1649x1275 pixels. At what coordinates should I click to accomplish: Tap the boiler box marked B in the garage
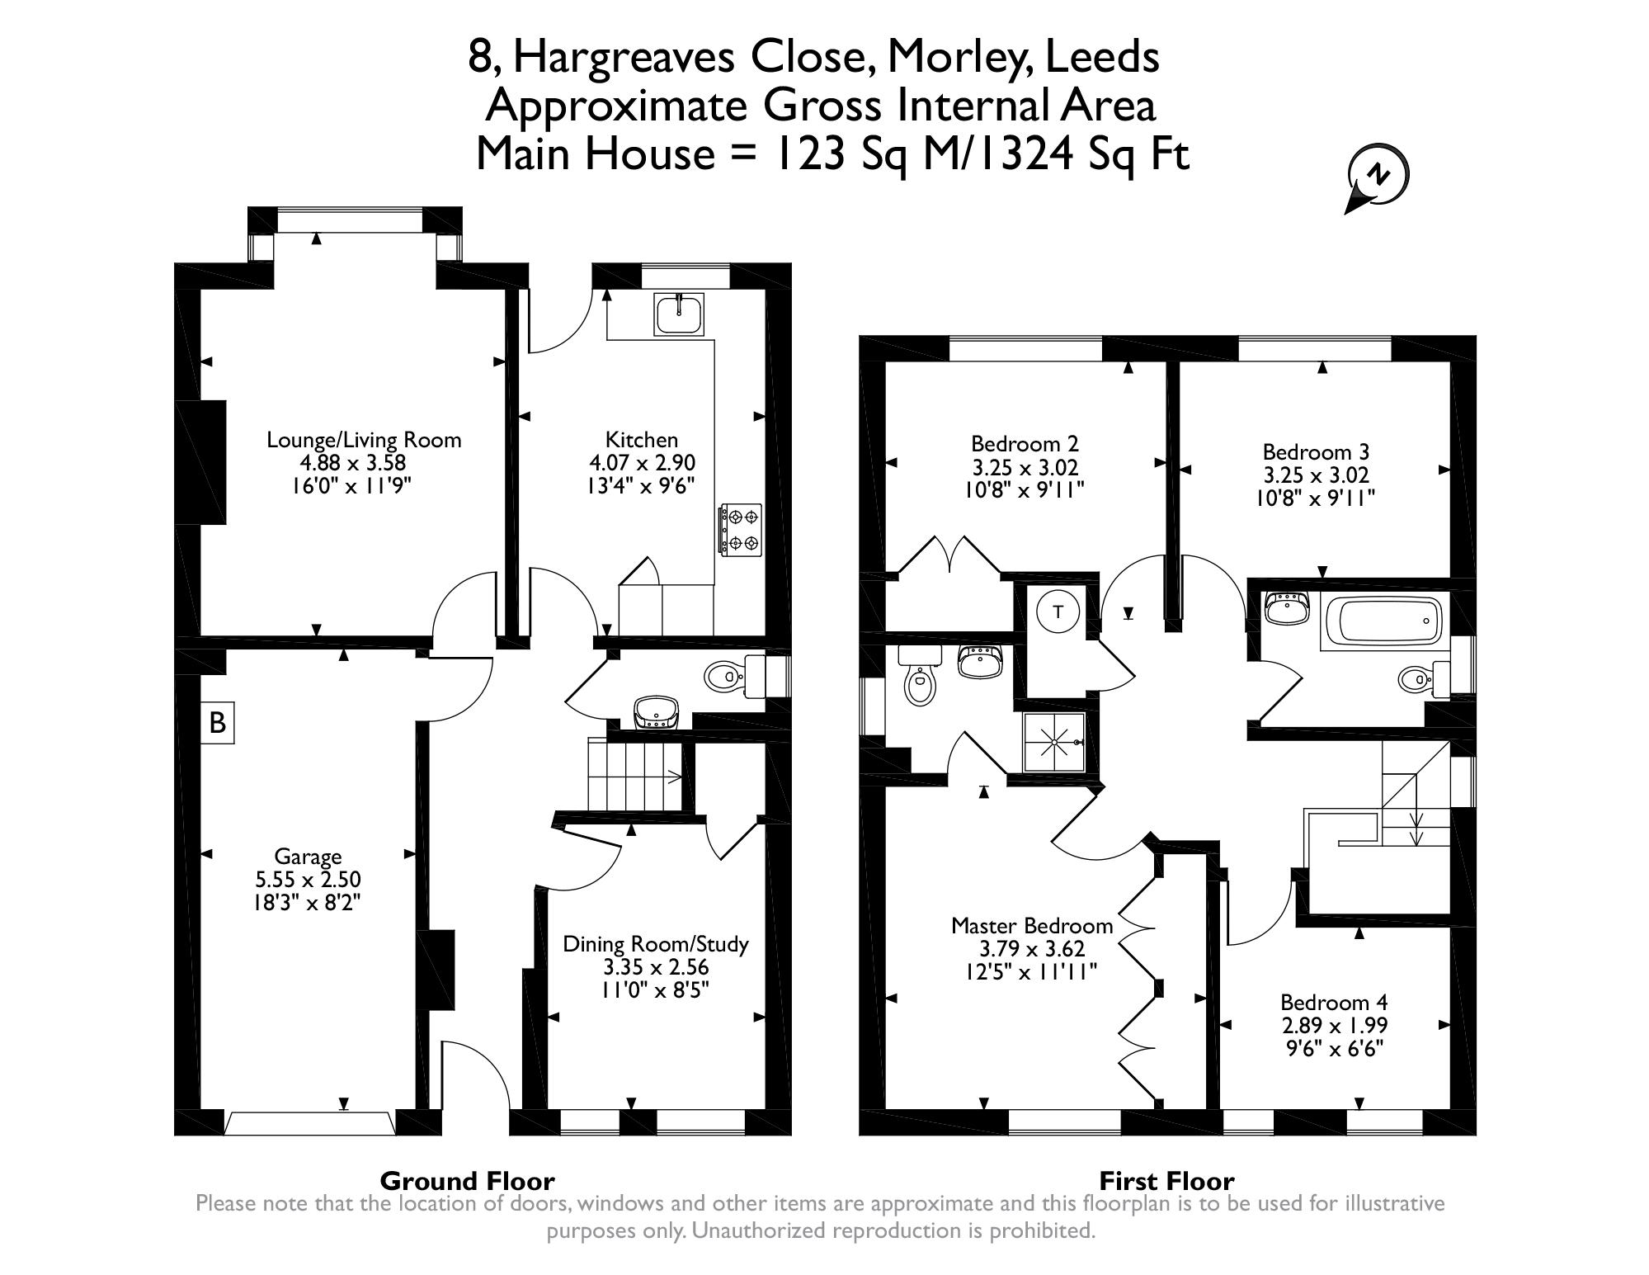218,723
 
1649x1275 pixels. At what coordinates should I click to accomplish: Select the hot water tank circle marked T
1059,612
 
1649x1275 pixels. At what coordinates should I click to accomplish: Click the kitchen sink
680,314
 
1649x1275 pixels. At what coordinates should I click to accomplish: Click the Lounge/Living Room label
364,440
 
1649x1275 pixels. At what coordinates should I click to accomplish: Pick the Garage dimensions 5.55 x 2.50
308,880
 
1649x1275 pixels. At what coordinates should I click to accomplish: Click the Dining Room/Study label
656,944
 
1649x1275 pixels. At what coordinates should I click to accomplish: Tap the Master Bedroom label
1032,926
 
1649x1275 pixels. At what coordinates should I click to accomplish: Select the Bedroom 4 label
1334,1003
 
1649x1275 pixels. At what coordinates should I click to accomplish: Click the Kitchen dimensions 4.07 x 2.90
642,463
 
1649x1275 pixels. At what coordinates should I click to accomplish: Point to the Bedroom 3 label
1316,452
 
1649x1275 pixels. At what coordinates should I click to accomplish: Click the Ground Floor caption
467,1181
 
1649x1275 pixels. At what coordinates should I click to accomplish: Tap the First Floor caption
1166,1181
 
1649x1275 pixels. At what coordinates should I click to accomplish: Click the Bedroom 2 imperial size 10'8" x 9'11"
1024,490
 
